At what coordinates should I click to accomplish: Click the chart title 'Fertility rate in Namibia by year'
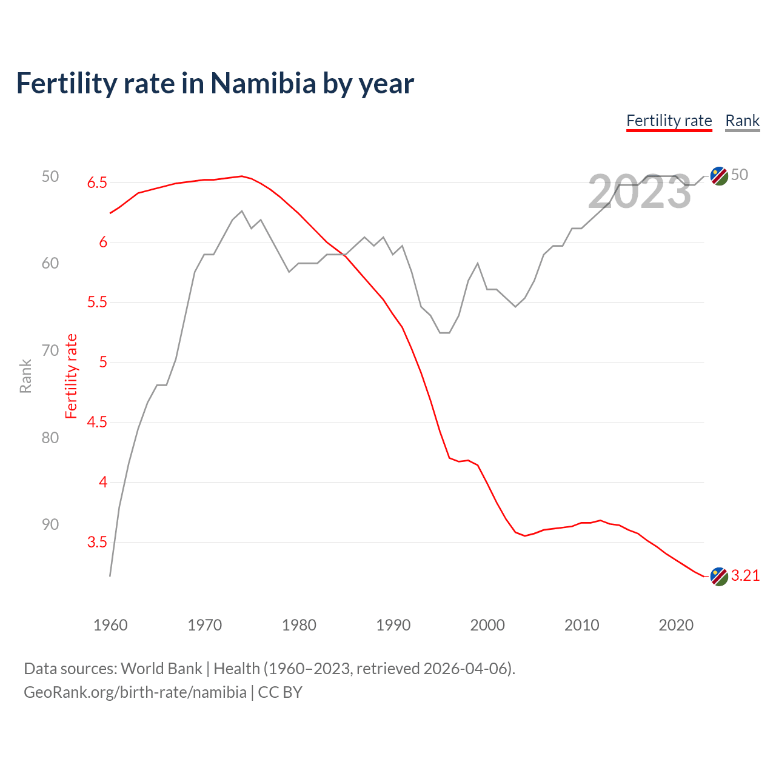tap(215, 84)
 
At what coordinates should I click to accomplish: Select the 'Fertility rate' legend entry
tap(669, 121)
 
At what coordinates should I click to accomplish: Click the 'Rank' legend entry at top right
tap(742, 121)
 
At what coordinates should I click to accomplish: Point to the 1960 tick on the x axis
tap(110, 625)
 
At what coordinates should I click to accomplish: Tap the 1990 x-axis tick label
tap(393, 625)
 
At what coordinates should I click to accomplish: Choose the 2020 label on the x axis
tap(676, 625)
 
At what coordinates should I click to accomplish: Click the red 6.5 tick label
tap(97, 182)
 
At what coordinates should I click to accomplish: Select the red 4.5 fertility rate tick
tap(97, 422)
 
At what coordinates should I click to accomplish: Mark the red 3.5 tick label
tap(97, 542)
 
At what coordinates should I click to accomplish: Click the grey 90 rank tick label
tap(50, 524)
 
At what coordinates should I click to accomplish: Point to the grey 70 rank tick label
tap(50, 350)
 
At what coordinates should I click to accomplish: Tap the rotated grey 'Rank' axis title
tap(25, 376)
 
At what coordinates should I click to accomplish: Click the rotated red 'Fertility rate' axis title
tap(72, 376)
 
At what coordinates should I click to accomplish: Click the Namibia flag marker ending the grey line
tap(719, 176)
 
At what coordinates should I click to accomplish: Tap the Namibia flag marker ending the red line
tap(719, 577)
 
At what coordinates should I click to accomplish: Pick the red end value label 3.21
tap(745, 576)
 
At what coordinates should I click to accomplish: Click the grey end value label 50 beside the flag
tap(740, 175)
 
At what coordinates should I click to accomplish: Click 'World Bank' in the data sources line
tap(161, 668)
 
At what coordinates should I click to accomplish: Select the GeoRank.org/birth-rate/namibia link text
tap(135, 692)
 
